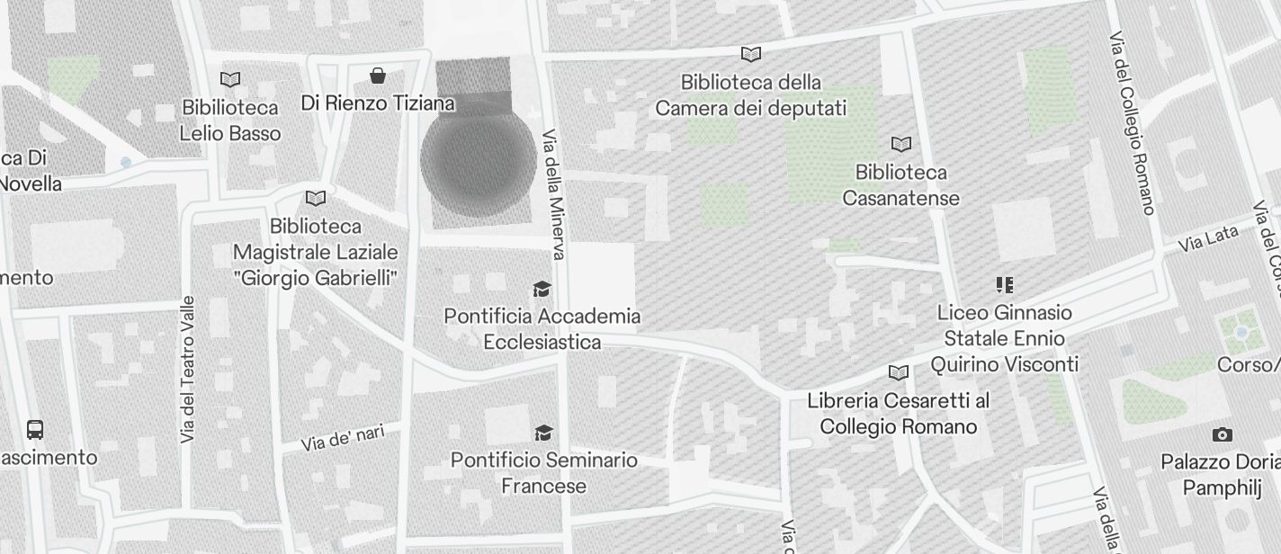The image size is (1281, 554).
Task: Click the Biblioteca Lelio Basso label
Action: (x=230, y=121)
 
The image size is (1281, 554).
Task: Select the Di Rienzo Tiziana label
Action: (x=378, y=103)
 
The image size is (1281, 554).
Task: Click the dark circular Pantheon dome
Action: (x=479, y=160)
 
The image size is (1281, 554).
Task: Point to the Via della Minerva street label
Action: (x=553, y=195)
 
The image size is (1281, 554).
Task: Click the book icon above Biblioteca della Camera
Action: (x=750, y=54)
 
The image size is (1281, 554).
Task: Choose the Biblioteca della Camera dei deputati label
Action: (x=750, y=95)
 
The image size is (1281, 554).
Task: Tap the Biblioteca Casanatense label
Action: (x=900, y=185)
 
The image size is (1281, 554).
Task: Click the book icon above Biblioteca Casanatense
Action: (x=900, y=144)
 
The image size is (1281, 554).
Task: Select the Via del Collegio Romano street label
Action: (x=1132, y=124)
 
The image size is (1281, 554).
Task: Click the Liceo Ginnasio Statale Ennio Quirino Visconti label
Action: (x=1004, y=338)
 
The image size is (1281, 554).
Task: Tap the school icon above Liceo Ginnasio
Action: (x=1004, y=286)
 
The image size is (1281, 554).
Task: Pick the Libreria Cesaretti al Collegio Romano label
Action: (x=898, y=413)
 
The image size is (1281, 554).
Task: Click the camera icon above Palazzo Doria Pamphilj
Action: (x=1222, y=434)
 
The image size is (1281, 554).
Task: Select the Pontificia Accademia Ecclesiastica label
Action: (x=542, y=329)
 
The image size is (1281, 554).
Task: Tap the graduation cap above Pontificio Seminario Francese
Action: (x=542, y=433)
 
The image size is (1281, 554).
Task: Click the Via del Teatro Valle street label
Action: (x=187, y=369)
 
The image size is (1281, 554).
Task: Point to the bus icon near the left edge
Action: (x=35, y=429)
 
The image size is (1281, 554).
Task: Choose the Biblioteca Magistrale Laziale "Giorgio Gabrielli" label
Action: (x=315, y=252)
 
